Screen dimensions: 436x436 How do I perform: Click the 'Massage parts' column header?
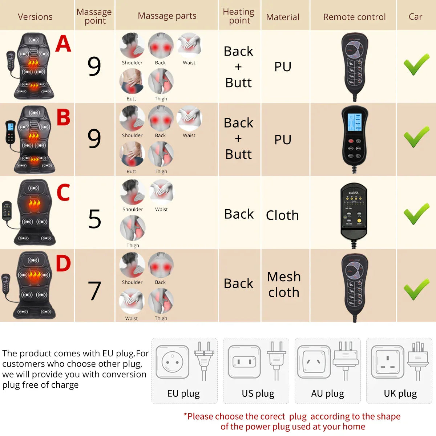pyautogui.click(x=167, y=16)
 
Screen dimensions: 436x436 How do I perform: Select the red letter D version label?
pyautogui.click(x=63, y=263)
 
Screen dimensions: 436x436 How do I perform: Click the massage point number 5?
pyautogui.click(x=94, y=219)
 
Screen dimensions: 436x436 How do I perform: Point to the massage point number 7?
pyautogui.click(x=94, y=291)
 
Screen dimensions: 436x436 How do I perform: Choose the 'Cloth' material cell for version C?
pyautogui.click(x=282, y=215)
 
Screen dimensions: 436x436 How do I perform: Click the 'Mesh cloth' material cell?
pyautogui.click(x=284, y=284)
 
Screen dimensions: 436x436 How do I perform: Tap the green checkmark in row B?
pyautogui.click(x=416, y=137)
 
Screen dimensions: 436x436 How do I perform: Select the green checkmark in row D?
pyautogui.click(x=416, y=290)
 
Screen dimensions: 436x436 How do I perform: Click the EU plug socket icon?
pyautogui.click(x=173, y=362)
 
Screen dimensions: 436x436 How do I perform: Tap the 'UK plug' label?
pyautogui.click(x=400, y=393)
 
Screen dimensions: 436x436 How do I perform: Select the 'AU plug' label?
pyautogui.click(x=327, y=393)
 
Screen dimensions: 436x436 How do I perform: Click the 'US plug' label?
pyautogui.click(x=258, y=393)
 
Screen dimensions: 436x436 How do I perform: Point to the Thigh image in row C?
pyautogui.click(x=133, y=228)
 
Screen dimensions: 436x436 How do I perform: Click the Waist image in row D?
pyautogui.click(x=132, y=301)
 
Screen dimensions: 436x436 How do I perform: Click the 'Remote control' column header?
pyautogui.click(x=354, y=17)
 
